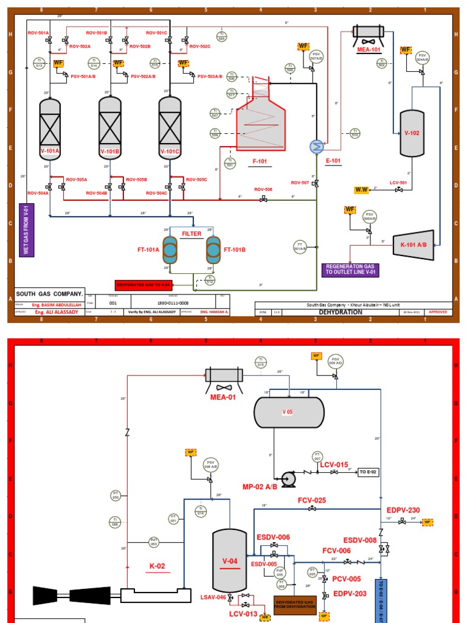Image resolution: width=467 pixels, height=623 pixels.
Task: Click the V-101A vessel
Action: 50,128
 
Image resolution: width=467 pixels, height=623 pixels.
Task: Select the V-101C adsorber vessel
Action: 170,128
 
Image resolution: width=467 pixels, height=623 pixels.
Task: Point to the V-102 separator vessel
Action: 412,132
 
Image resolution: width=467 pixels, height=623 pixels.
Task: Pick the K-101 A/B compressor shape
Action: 413,245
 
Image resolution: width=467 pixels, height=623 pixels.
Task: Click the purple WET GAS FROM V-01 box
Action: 27,231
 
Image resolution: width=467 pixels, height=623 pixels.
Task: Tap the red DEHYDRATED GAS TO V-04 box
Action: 144,285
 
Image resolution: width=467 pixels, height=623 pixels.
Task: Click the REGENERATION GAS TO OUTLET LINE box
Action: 350,270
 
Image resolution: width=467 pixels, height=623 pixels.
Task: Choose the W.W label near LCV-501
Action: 362,190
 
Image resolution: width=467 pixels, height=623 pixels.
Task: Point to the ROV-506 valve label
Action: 263,189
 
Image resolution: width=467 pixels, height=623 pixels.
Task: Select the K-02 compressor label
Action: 158,565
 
